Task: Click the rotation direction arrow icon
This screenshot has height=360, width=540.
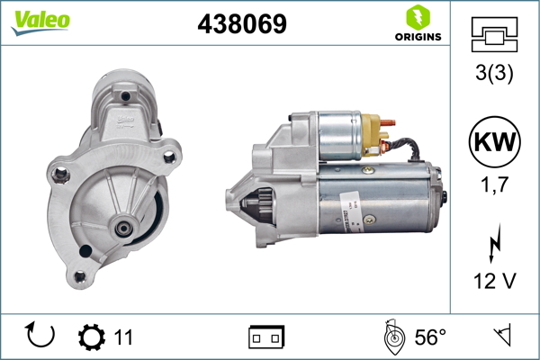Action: (x=41, y=337)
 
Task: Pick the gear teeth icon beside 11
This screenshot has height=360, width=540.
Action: (x=92, y=337)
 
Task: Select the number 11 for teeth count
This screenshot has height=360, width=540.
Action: (x=123, y=337)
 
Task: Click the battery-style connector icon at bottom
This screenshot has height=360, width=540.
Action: (x=266, y=337)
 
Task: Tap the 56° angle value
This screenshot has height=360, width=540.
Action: (x=430, y=337)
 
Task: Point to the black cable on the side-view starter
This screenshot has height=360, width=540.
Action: (x=407, y=150)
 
